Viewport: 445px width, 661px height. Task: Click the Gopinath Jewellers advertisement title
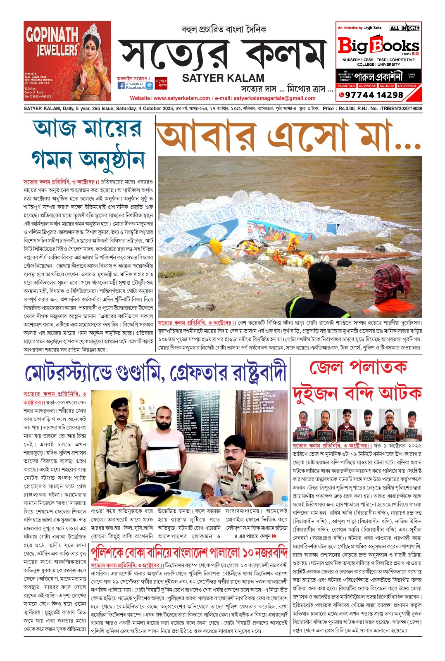52,41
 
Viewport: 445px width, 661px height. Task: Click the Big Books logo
378,45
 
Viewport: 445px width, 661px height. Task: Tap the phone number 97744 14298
374,95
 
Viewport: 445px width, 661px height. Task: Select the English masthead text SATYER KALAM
223,78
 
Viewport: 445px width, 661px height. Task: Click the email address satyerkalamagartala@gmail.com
274,98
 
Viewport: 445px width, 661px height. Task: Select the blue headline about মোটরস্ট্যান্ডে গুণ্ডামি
155,373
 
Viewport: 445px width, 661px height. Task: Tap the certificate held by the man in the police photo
163,460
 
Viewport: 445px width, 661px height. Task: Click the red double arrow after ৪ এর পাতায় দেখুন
274,536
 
